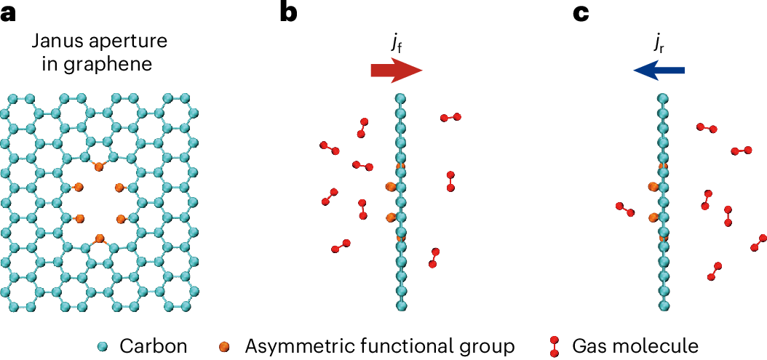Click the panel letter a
pyautogui.click(x=8, y=13)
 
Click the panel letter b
pyautogui.click(x=288, y=13)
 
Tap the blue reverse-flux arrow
pyautogui.click(x=659, y=70)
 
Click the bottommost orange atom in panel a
pyautogui.click(x=99, y=237)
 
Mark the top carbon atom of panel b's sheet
pyautogui.click(x=400, y=98)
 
